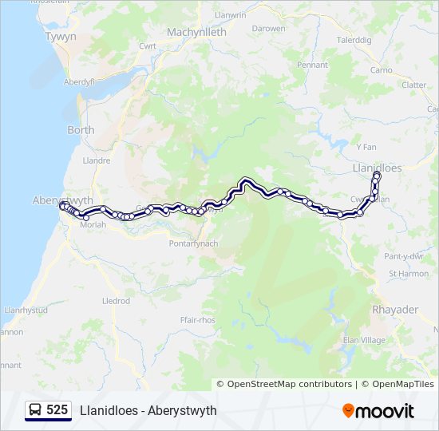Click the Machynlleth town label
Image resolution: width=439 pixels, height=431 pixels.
pos(196,32)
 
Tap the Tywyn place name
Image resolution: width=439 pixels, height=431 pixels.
pos(61,37)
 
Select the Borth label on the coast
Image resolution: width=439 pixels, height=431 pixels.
pos(81,130)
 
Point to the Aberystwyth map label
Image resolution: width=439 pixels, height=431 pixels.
pos(63,200)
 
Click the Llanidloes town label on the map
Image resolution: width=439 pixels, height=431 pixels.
pos(378,168)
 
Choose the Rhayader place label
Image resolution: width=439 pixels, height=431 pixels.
pos(394,310)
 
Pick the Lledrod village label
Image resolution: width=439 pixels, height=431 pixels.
pos(116,301)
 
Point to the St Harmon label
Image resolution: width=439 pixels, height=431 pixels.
pos(408,274)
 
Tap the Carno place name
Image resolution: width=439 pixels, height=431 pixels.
pos(380,70)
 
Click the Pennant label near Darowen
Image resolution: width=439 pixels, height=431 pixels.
pos(312,65)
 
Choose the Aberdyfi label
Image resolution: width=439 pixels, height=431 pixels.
pos(79,81)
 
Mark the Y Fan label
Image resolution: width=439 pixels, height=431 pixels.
pos(366,147)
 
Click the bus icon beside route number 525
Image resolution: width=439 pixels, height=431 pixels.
pos(35,410)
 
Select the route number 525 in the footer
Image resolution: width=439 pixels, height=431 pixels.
pos(57,410)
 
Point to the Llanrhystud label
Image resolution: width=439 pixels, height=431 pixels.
pos(26,310)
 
